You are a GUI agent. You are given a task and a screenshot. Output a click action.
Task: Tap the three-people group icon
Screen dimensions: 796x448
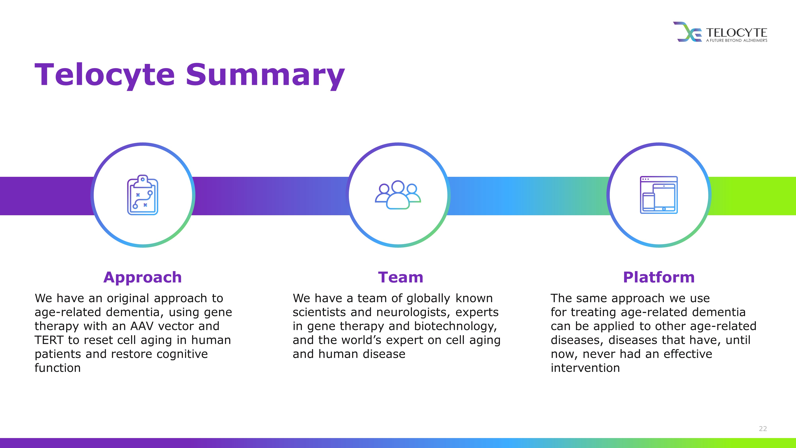click(x=398, y=195)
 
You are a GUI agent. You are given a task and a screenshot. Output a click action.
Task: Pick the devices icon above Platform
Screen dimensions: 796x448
click(x=659, y=195)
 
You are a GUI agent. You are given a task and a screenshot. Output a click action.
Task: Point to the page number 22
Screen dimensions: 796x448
click(x=763, y=428)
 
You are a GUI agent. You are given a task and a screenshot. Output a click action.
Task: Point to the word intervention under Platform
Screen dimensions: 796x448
click(x=585, y=368)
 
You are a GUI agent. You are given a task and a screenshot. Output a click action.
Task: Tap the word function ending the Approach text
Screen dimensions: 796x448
click(x=58, y=368)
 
